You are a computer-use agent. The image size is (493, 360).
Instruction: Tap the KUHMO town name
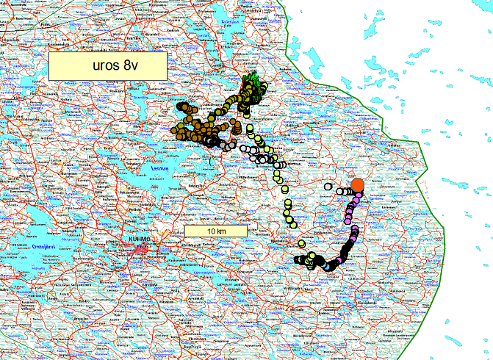click(x=133, y=240)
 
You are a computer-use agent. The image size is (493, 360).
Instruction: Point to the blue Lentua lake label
click(x=159, y=169)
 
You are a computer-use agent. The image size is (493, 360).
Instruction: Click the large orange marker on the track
click(x=357, y=184)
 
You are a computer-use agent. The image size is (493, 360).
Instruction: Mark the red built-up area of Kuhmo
click(x=142, y=251)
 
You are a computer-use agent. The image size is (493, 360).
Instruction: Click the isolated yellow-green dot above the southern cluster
click(x=301, y=243)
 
